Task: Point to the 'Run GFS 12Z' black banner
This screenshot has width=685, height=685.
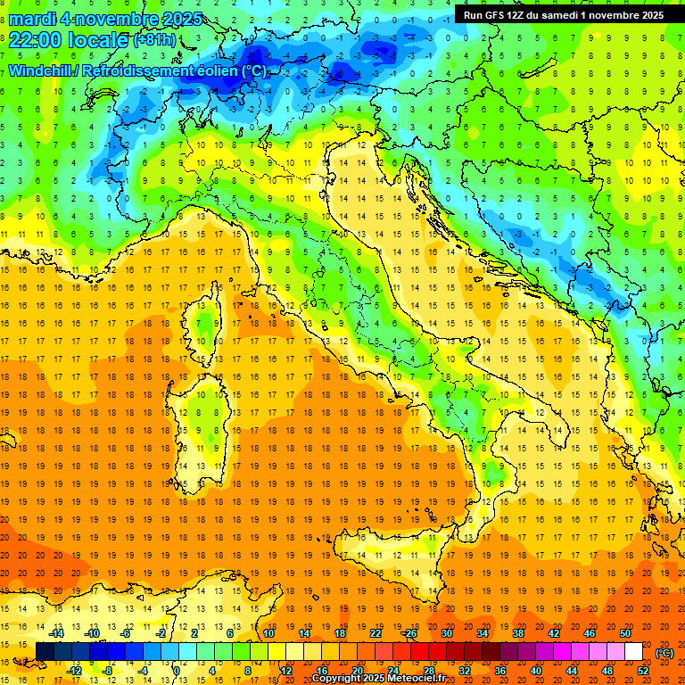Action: pyautogui.click(x=563, y=14)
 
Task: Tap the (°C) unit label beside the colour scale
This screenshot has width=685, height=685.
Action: pyautogui.click(x=664, y=652)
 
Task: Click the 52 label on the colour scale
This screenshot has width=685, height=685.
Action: pyautogui.click(x=643, y=670)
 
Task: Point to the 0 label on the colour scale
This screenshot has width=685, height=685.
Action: pyautogui.click(x=177, y=670)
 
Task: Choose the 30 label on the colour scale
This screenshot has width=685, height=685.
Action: pyautogui.click(x=446, y=632)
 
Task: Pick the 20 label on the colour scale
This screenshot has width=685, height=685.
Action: pyautogui.click(x=357, y=670)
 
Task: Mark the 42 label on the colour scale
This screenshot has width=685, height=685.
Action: pyautogui.click(x=554, y=632)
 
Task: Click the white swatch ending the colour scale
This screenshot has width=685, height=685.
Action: pyautogui.click(x=634, y=651)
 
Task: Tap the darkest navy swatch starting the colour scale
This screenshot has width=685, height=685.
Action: pyautogui.click(x=45, y=651)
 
